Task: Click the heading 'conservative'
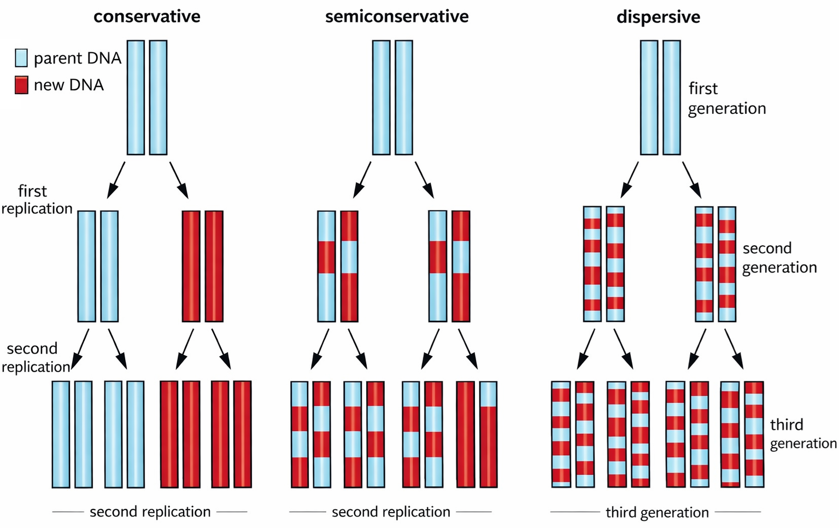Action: point(146,16)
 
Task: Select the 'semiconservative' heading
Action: point(397,16)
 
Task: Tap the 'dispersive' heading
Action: point(658,17)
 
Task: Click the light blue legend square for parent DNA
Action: point(21,58)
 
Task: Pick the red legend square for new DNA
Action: point(21,85)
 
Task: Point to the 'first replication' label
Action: point(36,200)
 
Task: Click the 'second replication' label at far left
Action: point(35,357)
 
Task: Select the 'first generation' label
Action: point(726,98)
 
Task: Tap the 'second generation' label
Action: point(779,258)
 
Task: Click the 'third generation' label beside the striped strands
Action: point(802,433)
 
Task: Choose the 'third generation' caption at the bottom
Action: point(657,512)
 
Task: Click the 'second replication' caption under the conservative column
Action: point(150,512)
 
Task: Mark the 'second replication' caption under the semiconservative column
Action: point(391,512)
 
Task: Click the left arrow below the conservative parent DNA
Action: point(116,179)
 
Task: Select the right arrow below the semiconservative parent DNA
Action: point(425,179)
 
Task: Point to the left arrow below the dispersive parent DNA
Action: point(630,179)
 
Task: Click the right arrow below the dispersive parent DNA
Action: point(692,179)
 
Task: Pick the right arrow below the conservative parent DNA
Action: point(179,179)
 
